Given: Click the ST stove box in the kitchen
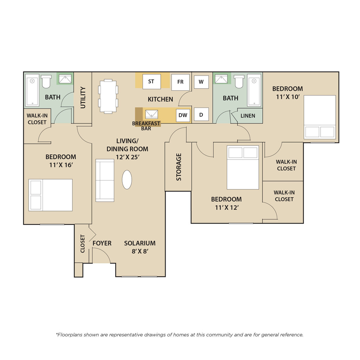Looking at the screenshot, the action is [x=152, y=82].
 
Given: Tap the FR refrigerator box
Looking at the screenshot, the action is [x=180, y=82].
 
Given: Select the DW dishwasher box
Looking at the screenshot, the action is [x=183, y=115].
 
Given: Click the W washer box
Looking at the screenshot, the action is [x=201, y=82].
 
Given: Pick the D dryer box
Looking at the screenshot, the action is [x=201, y=114].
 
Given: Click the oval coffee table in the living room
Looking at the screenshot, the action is [x=127, y=180].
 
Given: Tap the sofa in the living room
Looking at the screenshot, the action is [x=105, y=180].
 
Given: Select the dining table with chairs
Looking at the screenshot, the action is [x=108, y=96].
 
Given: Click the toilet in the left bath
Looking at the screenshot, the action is [x=46, y=82].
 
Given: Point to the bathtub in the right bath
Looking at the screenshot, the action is [x=254, y=90].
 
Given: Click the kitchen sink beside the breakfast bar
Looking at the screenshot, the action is [x=152, y=114].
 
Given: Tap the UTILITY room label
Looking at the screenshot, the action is [x=83, y=97].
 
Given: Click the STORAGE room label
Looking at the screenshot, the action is [x=179, y=167].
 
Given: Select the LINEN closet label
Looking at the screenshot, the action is [x=248, y=116].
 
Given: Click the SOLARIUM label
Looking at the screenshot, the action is [x=140, y=243].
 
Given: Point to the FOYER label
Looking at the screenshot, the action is [x=102, y=243].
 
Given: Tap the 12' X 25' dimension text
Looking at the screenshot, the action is [x=128, y=157].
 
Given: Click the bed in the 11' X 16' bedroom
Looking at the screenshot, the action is [x=51, y=195].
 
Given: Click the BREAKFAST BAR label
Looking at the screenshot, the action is [x=146, y=126].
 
